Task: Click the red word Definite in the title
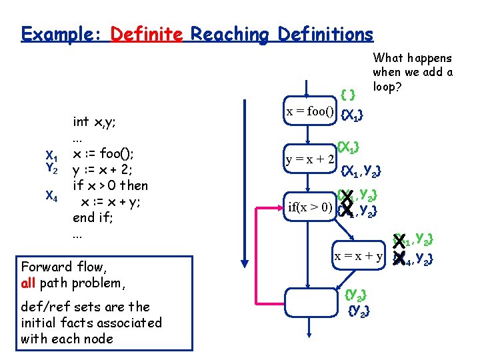click(x=146, y=34)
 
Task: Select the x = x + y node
click(x=359, y=255)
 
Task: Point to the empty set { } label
click(x=347, y=92)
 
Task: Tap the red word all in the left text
click(x=28, y=283)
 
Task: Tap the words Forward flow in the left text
click(x=63, y=267)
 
